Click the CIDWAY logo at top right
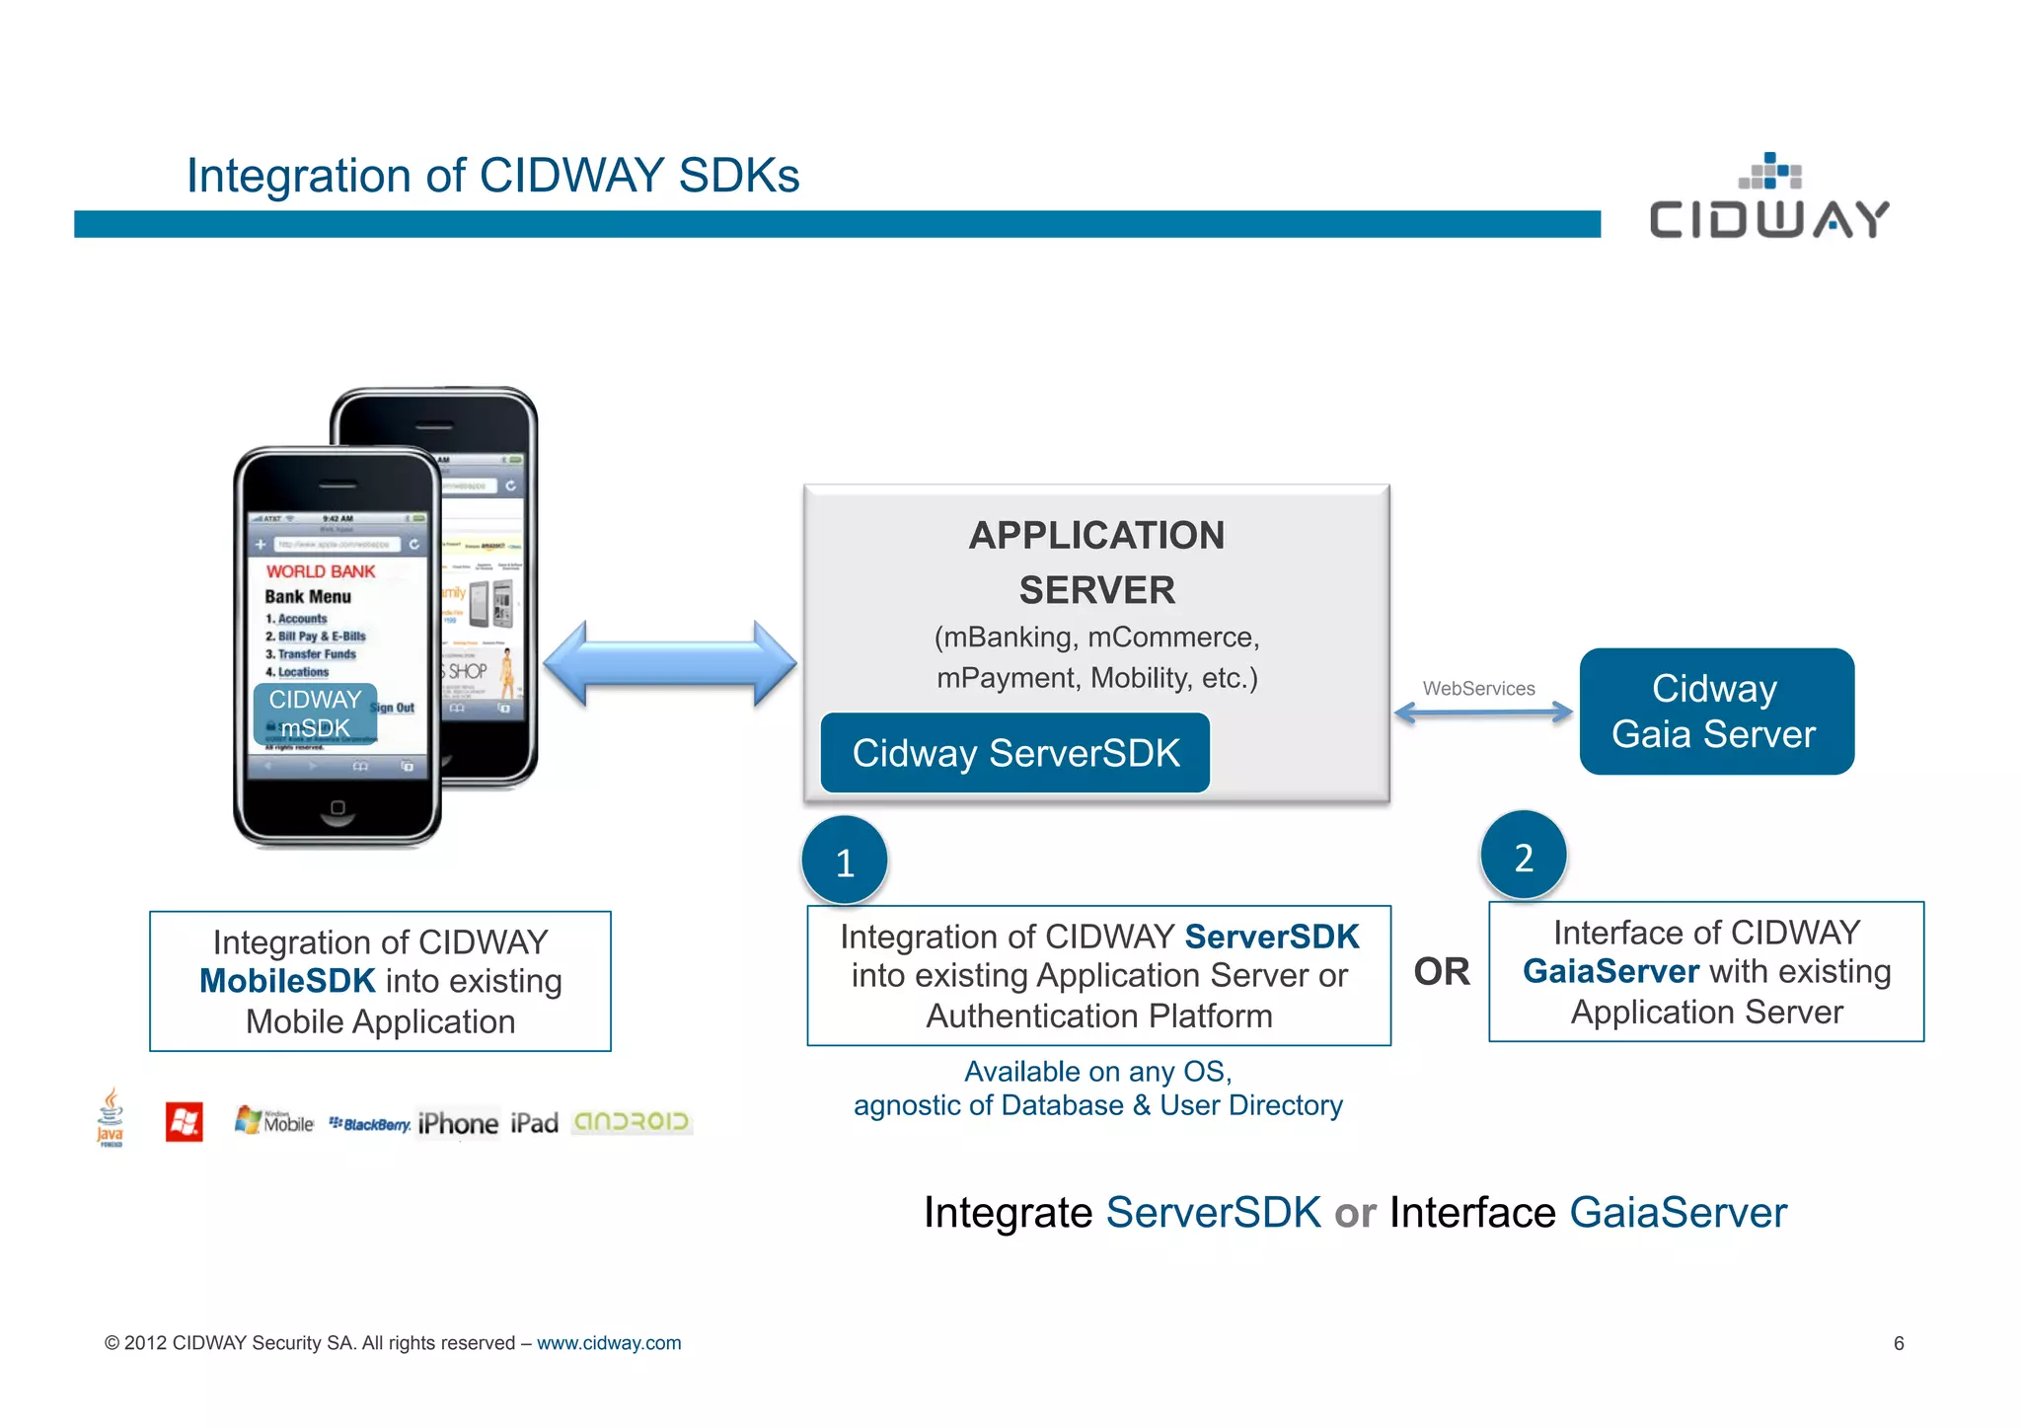point(1768,198)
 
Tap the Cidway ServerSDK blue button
point(1014,753)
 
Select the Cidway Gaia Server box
point(1716,712)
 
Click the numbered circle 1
point(845,862)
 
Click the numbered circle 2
point(1524,857)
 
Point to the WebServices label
point(1478,688)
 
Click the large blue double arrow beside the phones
point(670,663)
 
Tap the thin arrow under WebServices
point(1483,713)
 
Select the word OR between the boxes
point(1441,972)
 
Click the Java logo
point(111,1118)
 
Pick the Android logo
point(632,1122)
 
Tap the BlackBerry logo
point(370,1124)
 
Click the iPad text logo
point(534,1123)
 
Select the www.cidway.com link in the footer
point(609,1343)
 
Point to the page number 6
point(1898,1343)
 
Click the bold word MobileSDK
point(287,981)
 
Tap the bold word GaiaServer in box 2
point(1610,971)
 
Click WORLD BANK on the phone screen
point(321,571)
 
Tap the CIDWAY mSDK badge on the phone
point(315,714)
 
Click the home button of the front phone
point(337,808)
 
